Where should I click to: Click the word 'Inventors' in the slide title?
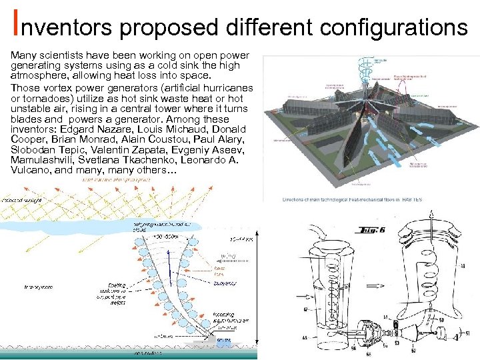coord(63,27)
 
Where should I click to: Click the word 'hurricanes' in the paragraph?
coord(229,88)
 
